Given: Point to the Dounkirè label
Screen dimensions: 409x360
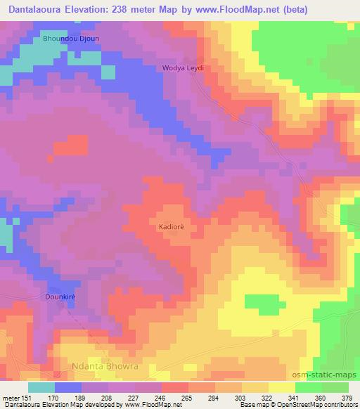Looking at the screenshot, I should pos(60,296).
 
